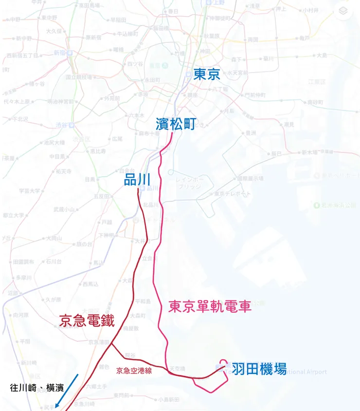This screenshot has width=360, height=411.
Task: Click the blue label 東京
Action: coord(207,74)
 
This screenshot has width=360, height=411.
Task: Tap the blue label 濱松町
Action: coord(176,124)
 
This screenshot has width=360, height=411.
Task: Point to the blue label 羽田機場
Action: coord(258,368)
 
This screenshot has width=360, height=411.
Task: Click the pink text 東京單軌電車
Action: coord(210,306)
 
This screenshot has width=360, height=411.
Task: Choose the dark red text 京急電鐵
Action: coord(87,320)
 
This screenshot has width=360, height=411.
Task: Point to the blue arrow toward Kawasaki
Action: coord(67,391)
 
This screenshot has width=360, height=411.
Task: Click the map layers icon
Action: coord(343,12)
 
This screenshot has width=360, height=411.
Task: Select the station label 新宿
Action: coord(59,53)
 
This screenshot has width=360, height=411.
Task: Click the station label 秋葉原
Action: coord(212,36)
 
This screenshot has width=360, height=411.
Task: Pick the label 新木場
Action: coord(309,152)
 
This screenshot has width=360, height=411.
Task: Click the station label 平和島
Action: coord(143,300)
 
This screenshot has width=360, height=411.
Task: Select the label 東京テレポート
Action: coord(233,194)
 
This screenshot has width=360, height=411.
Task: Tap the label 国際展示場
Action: coord(250,178)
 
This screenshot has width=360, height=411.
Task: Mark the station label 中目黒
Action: coord(57,157)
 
